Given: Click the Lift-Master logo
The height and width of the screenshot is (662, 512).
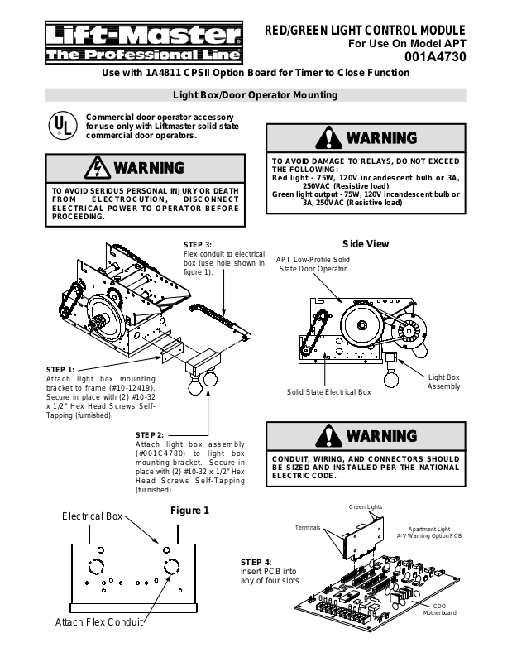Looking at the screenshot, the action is click(144, 42).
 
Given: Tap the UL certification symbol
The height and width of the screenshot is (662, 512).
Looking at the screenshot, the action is click(63, 126).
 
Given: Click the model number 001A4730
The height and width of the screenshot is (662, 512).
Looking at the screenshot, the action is click(435, 57).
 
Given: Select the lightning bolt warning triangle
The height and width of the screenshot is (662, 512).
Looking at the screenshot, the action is click(98, 168).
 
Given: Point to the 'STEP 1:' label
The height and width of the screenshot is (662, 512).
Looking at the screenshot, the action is click(60, 370).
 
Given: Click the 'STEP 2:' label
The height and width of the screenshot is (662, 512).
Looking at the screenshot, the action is click(150, 435).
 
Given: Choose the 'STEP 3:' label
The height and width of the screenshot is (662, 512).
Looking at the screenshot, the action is click(198, 245).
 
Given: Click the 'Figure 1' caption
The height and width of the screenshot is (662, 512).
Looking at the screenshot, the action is click(189, 511).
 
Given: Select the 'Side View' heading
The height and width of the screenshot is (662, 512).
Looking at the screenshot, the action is click(366, 244).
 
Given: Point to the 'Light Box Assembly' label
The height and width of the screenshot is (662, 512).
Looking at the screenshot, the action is click(443, 381).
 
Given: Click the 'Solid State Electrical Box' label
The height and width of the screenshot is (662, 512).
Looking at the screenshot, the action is click(329, 392).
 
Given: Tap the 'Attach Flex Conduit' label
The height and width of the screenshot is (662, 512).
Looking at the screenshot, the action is click(99, 622).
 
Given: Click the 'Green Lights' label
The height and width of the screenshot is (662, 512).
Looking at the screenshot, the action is click(366, 506).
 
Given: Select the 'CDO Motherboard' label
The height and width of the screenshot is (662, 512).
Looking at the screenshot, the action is click(440, 609).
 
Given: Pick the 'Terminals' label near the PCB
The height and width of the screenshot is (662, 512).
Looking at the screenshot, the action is click(308, 527).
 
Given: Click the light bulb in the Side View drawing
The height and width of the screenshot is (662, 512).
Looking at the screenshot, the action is click(391, 378).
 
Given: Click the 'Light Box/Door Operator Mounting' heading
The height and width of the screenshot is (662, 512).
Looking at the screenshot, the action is click(256, 95).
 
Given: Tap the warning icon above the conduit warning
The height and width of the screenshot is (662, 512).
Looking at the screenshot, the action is click(328, 436).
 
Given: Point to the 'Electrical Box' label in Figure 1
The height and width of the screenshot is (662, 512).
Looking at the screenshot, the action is click(92, 516).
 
